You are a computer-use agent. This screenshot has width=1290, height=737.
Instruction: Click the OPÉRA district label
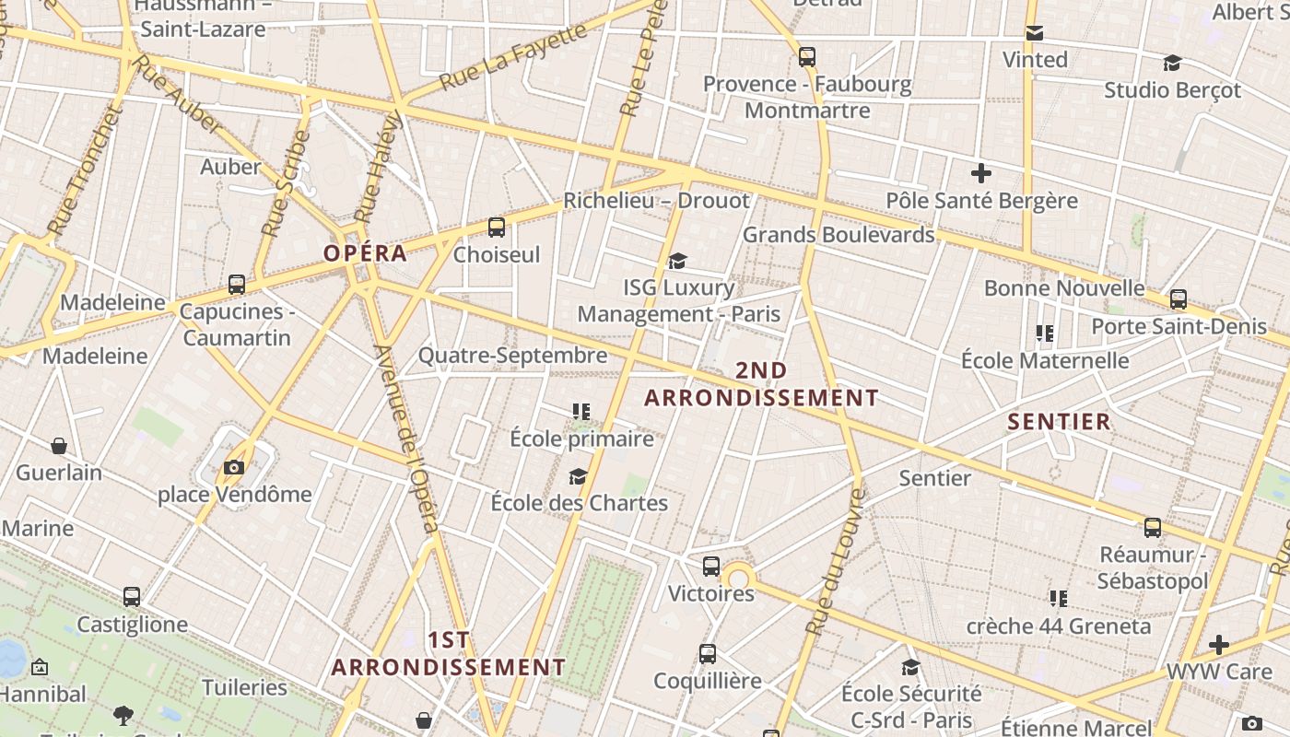coord(365,253)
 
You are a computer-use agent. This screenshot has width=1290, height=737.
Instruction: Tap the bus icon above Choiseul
coord(497,227)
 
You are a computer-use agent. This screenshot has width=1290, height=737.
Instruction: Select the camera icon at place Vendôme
coord(234,467)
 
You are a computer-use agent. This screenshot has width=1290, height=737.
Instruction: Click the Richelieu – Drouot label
coord(656,200)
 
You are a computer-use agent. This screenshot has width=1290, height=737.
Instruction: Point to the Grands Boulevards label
coord(838,235)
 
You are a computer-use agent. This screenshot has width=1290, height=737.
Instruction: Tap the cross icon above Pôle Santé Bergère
coord(981,172)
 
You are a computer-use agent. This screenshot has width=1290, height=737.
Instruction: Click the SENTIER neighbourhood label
coord(1059,422)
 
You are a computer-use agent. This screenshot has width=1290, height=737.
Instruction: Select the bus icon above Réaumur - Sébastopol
coord(1153,528)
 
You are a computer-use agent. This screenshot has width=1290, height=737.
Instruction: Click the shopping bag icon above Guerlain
coord(59,446)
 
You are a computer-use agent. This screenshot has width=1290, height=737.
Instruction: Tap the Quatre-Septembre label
coord(512,355)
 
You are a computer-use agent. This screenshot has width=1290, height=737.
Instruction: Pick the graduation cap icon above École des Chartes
coord(578,476)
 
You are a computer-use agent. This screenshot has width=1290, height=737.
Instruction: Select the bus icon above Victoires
coord(711,567)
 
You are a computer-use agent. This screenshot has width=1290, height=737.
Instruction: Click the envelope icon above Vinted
coord(1035,33)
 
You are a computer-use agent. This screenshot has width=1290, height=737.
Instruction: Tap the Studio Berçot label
coord(1172,90)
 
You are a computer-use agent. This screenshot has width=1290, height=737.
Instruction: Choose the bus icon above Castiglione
coord(132,597)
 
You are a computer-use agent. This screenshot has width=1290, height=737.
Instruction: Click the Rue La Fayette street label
coord(512,57)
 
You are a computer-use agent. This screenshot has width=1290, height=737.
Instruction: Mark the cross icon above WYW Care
coord(1219,645)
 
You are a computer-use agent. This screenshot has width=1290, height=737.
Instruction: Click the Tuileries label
coord(244,687)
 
